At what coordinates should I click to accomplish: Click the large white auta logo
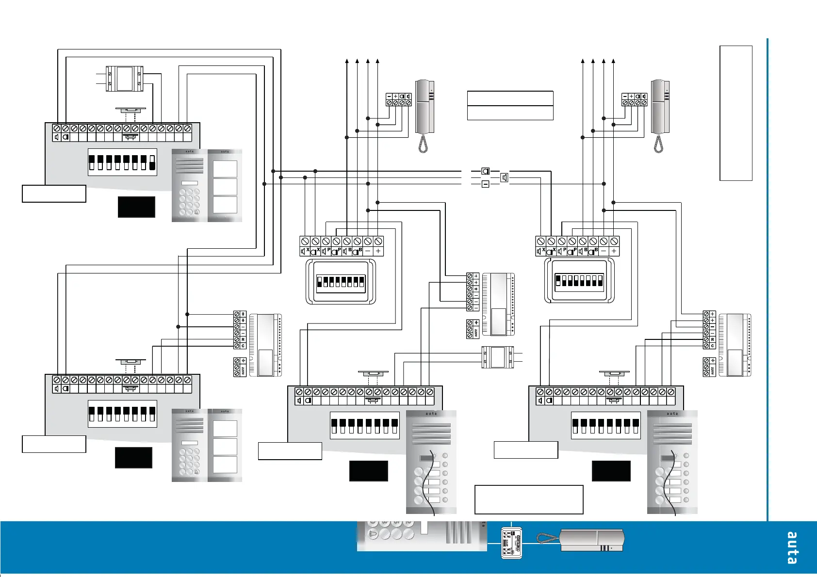(792, 548)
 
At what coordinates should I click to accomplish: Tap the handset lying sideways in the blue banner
(591, 540)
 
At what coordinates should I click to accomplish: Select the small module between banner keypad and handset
(511, 543)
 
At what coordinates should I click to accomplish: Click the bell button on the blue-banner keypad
(373, 535)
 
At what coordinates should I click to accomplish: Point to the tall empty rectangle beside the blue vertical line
(735, 113)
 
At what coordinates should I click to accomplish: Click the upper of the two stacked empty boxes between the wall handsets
(510, 98)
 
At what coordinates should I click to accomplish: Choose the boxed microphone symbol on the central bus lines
(486, 171)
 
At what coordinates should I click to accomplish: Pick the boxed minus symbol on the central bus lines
(486, 184)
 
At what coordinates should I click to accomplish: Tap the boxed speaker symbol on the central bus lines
(505, 177)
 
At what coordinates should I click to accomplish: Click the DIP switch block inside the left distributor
(341, 282)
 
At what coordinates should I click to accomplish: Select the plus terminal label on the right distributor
(614, 251)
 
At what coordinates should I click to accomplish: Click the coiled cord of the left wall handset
(423, 144)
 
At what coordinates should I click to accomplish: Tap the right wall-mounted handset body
(660, 107)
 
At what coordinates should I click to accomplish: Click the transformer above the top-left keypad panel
(125, 79)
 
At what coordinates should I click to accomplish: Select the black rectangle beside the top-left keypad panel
(136, 207)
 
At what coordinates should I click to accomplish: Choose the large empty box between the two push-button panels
(528, 499)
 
